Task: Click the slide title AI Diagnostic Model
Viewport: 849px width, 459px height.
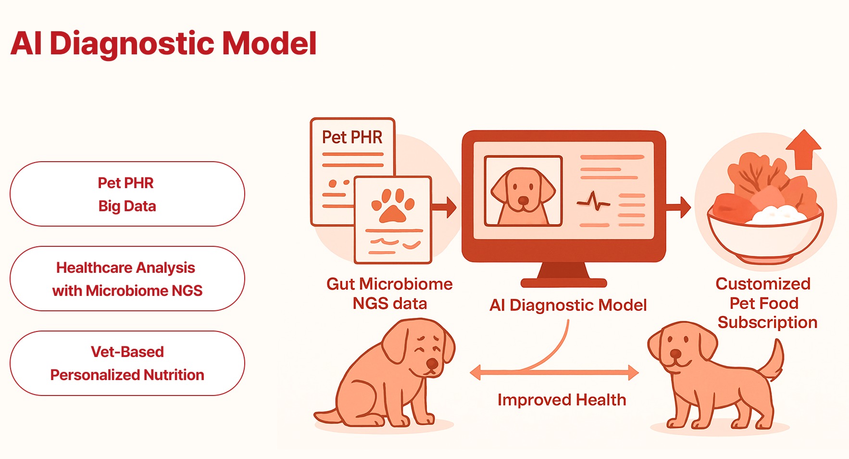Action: [x=163, y=43]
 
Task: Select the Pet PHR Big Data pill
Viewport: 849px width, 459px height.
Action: [x=127, y=194]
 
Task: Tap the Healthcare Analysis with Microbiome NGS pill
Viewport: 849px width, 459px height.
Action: [x=127, y=279]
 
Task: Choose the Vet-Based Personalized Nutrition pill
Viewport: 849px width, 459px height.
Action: [x=127, y=363]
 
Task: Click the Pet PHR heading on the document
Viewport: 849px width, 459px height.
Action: [x=352, y=138]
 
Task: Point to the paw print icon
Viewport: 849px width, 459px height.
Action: [x=393, y=205]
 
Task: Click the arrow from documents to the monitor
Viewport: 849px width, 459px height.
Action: [x=444, y=207]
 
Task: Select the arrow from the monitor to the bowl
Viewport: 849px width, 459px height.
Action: [x=679, y=207]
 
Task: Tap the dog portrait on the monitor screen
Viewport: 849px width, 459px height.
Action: [x=523, y=191]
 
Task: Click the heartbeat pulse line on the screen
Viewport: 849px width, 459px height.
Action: [x=593, y=202]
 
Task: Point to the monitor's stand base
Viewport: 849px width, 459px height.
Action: [x=563, y=282]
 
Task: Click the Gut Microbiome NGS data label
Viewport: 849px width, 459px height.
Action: [x=389, y=293]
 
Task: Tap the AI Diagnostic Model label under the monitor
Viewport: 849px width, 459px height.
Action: [x=568, y=305]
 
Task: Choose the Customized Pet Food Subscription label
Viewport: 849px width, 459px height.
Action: [x=765, y=303]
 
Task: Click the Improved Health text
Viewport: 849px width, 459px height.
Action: [x=562, y=400]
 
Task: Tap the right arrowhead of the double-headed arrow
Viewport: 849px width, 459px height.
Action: [x=633, y=372]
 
